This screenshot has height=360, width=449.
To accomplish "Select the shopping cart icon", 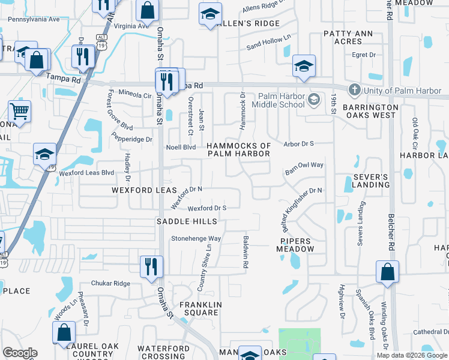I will point(19,112).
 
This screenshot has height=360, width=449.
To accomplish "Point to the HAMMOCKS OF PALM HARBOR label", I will point(239,150).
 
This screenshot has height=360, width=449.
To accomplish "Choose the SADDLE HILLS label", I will point(187,221).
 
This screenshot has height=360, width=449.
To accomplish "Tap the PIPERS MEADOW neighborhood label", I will point(296,245).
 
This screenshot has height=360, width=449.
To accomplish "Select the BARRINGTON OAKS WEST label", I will point(369,110).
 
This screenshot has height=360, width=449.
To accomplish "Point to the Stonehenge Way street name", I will point(196,238).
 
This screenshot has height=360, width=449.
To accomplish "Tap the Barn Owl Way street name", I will point(304,168).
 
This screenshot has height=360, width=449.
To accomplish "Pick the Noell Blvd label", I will point(181,146).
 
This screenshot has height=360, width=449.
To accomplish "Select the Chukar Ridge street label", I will point(110,283).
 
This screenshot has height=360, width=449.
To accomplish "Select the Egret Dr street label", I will point(363,55).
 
